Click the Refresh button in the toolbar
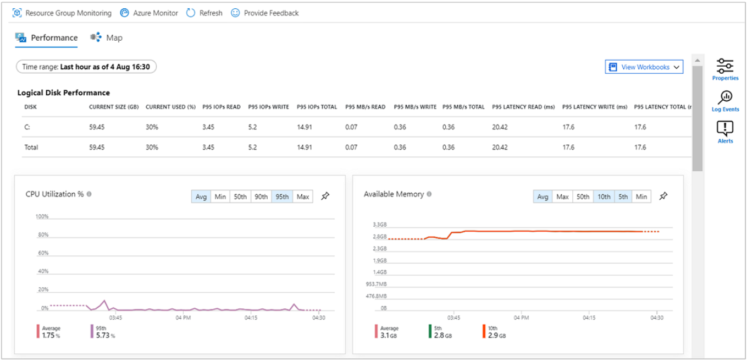point(204,13)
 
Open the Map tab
point(107,37)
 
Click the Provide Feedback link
point(265,13)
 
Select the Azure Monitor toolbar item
point(149,13)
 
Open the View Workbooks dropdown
point(644,67)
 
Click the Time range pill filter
point(86,67)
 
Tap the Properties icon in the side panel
point(725,69)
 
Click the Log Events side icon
point(725,101)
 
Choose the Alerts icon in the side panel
point(725,132)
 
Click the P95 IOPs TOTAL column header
point(317,107)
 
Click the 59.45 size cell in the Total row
point(96,148)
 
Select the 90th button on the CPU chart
point(261,197)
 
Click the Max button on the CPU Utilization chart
point(302,197)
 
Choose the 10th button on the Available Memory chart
point(604,197)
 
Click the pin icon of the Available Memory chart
point(663,196)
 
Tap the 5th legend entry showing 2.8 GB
point(441,332)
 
